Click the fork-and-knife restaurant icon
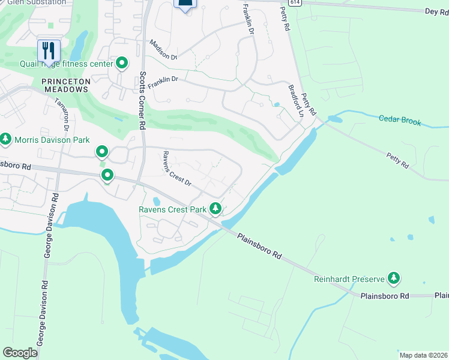tap(49, 49)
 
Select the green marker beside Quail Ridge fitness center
tap(122, 63)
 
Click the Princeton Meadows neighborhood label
tap(65, 85)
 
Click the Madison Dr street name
tap(164, 50)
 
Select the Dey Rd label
tap(436, 11)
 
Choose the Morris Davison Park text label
tap(53, 140)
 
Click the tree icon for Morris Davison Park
tap(6, 140)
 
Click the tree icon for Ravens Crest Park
tap(215, 209)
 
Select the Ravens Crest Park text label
tap(172, 209)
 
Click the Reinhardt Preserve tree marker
tap(394, 278)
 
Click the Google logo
tap(20, 352)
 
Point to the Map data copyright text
tap(423, 355)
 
